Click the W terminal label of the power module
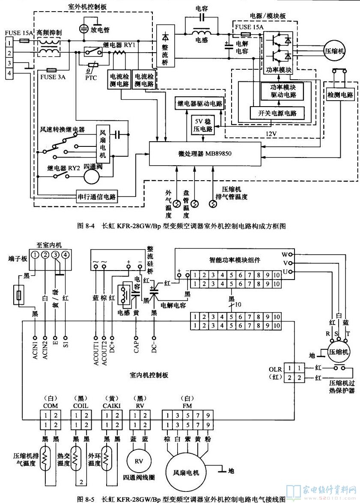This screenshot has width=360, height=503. tap(285, 254)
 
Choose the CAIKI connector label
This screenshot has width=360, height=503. tap(110, 405)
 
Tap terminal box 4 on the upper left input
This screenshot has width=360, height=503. tap(9, 73)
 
